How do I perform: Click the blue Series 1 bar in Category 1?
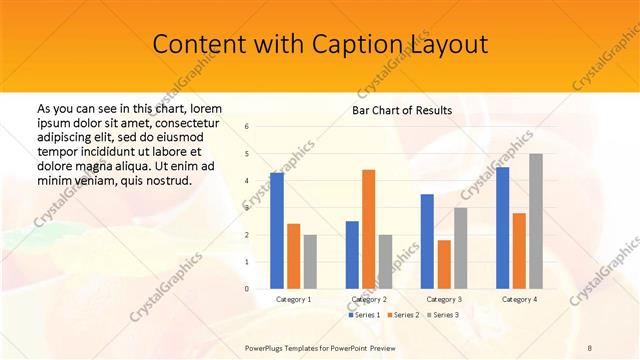[277, 230]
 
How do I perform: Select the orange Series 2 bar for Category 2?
[369, 229]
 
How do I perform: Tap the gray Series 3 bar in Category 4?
[536, 221]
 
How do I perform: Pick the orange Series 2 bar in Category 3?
[444, 264]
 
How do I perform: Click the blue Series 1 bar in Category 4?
[502, 228]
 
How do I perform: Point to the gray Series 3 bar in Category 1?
[310, 262]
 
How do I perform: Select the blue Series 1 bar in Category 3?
[427, 241]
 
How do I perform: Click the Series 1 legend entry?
[363, 315]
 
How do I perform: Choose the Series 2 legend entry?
[402, 315]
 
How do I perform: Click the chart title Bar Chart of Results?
[402, 110]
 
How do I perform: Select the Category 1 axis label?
[293, 299]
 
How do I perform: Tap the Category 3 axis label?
[444, 299]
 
